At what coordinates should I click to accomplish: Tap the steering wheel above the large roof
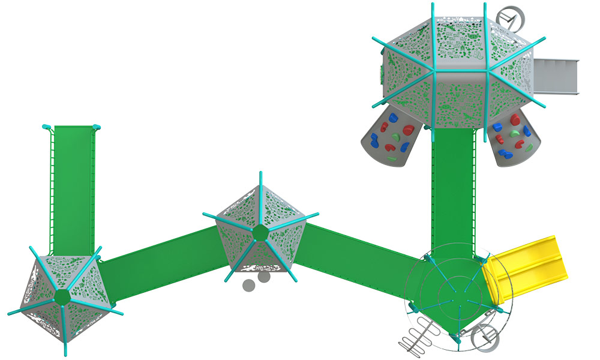tap(509, 18)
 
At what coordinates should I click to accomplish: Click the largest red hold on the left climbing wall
tap(408, 129)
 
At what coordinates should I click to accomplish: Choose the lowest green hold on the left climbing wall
tap(391, 159)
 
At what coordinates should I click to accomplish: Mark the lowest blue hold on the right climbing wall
tap(505, 154)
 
